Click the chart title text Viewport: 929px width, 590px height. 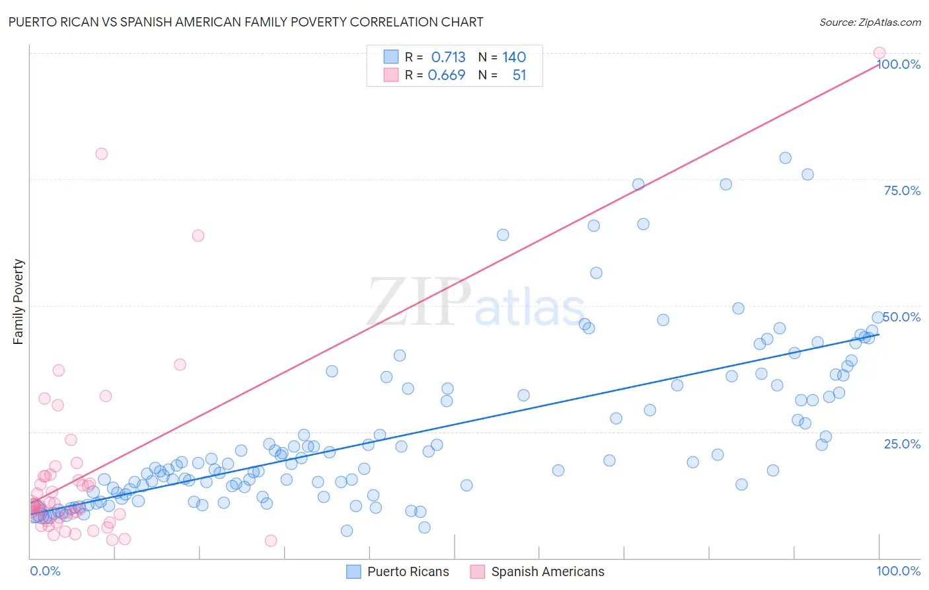[245, 22]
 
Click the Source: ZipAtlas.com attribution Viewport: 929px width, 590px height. [870, 22]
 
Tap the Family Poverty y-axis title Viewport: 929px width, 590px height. [19, 302]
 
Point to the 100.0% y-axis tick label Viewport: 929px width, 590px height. [899, 64]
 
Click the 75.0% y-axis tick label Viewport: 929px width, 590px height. [902, 190]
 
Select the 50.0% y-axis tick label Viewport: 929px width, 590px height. [902, 317]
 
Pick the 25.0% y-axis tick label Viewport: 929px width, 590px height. [902, 444]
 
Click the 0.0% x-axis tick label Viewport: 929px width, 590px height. [45, 571]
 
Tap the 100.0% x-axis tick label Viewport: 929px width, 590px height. [898, 571]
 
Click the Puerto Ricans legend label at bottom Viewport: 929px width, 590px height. [408, 571]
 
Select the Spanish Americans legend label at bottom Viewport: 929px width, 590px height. [547, 571]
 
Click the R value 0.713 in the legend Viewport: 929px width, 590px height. [448, 57]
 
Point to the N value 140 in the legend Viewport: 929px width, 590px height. [514, 57]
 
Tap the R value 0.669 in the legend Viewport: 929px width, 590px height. [447, 75]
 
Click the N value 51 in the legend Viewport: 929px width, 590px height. [519, 75]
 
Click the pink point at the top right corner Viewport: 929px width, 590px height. [879, 53]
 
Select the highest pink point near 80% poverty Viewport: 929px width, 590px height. [101, 153]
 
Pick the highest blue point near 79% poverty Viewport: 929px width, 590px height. [785, 157]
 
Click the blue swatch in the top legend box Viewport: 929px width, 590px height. [391, 57]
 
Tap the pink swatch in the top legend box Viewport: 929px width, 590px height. [391, 75]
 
